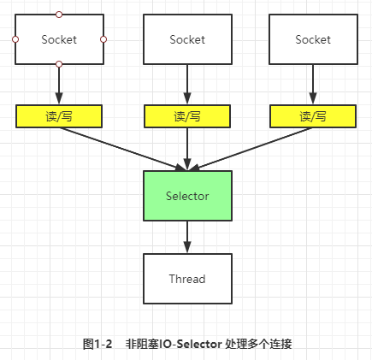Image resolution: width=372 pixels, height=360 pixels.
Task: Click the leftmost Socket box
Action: tap(59, 39)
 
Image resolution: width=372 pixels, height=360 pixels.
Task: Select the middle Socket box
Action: tap(187, 39)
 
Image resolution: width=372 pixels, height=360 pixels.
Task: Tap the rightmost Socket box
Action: tap(313, 39)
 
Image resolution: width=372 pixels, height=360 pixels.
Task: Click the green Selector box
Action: tap(187, 196)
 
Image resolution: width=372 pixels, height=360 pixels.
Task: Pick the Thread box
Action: tap(187, 279)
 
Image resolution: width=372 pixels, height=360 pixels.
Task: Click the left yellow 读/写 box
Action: tap(59, 116)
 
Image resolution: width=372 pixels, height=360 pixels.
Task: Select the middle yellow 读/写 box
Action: tap(187, 116)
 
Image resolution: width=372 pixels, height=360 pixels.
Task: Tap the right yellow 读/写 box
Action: tap(313, 116)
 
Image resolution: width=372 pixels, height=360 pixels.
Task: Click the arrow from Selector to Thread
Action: tap(187, 237)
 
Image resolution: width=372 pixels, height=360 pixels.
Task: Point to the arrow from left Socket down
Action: tap(59, 85)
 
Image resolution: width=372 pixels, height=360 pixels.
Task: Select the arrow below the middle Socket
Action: tap(187, 85)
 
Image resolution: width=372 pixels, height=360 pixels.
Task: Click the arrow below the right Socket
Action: tap(313, 85)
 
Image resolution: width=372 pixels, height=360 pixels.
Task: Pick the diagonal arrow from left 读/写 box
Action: tap(122, 149)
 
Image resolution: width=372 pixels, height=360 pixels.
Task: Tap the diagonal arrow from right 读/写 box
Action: tap(251, 149)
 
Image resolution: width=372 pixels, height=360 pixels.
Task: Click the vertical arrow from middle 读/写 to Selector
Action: tap(187, 149)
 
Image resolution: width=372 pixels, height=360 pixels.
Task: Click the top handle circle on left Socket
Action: tap(59, 15)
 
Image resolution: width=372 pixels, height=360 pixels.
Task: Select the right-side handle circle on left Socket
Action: tap(103, 39)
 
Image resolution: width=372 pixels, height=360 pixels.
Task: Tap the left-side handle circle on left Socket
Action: tap(15, 39)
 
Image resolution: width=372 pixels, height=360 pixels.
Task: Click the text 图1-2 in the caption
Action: tap(97, 344)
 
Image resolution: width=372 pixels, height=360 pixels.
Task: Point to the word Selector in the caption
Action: tap(199, 344)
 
